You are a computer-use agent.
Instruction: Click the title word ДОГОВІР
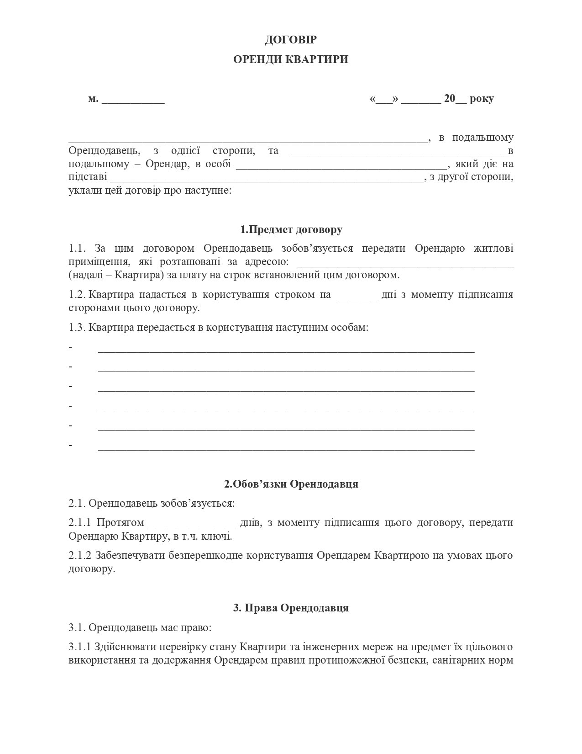291,40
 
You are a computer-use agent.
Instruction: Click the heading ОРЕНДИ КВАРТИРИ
291,59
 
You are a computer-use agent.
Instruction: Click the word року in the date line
481,99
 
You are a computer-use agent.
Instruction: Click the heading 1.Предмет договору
291,229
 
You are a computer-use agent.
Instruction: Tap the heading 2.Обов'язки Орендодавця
291,484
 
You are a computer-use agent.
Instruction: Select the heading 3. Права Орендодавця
291,608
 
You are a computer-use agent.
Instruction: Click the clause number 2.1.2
80,556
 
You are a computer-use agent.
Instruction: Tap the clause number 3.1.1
80,647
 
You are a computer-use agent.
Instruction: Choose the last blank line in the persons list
286,448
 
